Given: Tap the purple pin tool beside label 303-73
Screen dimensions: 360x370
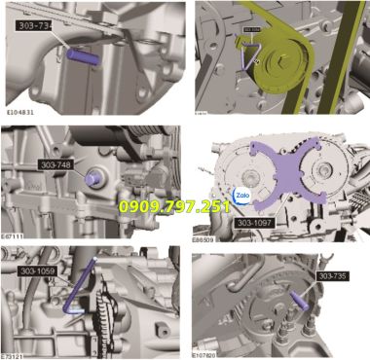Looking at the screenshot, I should click(x=82, y=55).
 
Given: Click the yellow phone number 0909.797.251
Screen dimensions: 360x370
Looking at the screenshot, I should click(x=174, y=206).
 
